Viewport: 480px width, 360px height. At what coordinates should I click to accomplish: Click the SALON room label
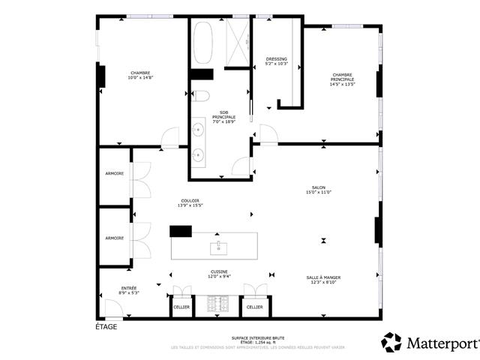(319, 188)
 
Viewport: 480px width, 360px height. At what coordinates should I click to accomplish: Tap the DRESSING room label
(277, 58)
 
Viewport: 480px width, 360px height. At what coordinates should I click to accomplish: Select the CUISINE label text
(219, 271)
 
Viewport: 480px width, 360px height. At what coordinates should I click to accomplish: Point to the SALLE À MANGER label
(324, 277)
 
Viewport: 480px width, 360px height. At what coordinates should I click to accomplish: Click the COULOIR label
(188, 200)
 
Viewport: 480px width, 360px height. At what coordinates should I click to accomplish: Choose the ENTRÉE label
(129, 288)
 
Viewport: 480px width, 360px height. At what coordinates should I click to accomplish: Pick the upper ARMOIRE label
(114, 174)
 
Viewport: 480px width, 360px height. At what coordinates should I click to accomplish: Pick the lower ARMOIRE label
(114, 238)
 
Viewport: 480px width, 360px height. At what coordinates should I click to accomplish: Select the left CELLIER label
(181, 307)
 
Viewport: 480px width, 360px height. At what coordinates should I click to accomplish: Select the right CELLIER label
(254, 307)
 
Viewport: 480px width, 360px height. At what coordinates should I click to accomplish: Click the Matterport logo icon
(391, 342)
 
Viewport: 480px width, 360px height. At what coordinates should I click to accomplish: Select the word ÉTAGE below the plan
(106, 327)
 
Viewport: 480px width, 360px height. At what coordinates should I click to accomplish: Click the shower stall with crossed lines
(238, 43)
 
